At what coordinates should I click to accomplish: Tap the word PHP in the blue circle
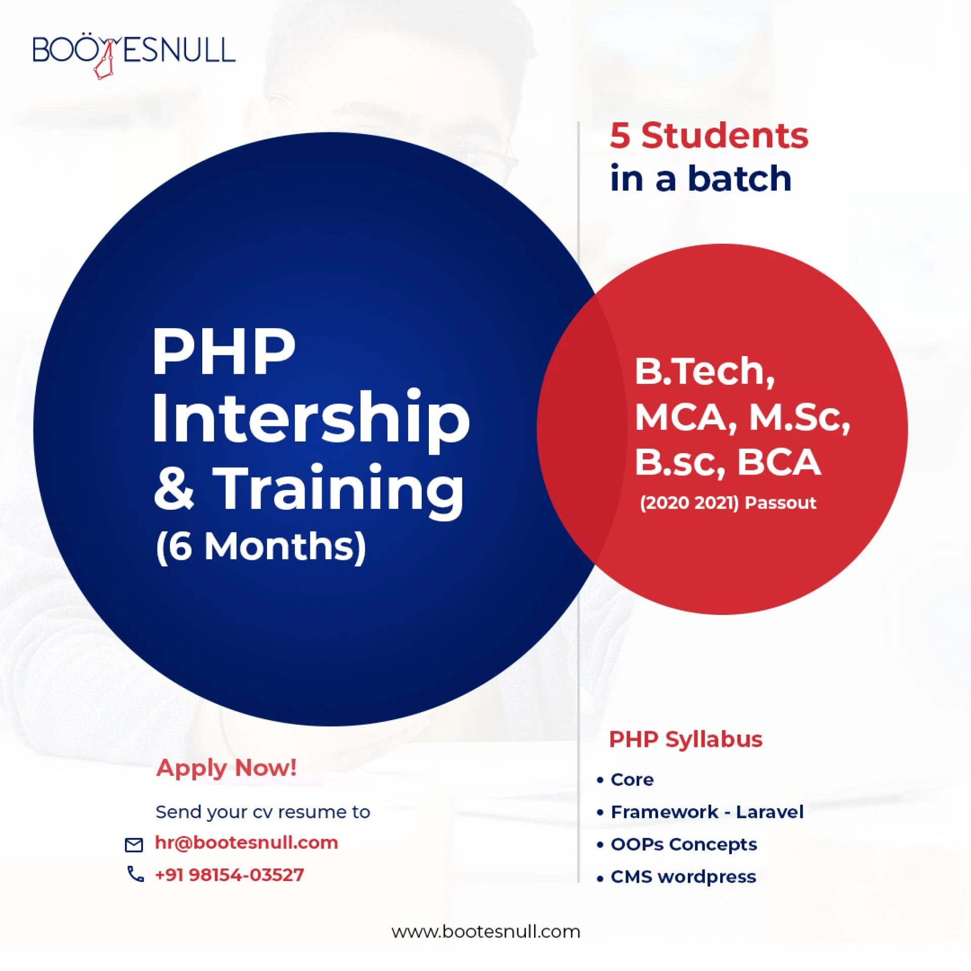pyautogui.click(x=224, y=351)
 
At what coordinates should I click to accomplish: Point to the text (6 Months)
pyautogui.click(x=260, y=547)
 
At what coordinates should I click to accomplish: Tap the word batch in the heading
pyautogui.click(x=739, y=179)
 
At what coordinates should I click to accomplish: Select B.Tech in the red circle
pyautogui.click(x=704, y=372)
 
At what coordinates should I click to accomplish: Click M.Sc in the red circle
pyautogui.click(x=799, y=418)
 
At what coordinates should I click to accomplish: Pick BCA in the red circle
pyautogui.click(x=779, y=462)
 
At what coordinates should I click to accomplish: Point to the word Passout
pyautogui.click(x=780, y=503)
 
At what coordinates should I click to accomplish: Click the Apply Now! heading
pyautogui.click(x=227, y=768)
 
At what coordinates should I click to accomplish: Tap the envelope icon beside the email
pyautogui.click(x=134, y=845)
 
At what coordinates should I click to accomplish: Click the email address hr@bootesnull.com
pyautogui.click(x=246, y=843)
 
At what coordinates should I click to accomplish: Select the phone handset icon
pyautogui.click(x=135, y=874)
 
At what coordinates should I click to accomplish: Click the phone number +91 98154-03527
pyautogui.click(x=229, y=875)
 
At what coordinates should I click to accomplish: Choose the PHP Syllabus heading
pyautogui.click(x=685, y=739)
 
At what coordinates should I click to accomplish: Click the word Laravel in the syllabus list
pyautogui.click(x=769, y=812)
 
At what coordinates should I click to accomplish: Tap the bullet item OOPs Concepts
pyautogui.click(x=683, y=844)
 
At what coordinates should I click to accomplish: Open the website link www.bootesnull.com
pyautogui.click(x=485, y=932)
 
